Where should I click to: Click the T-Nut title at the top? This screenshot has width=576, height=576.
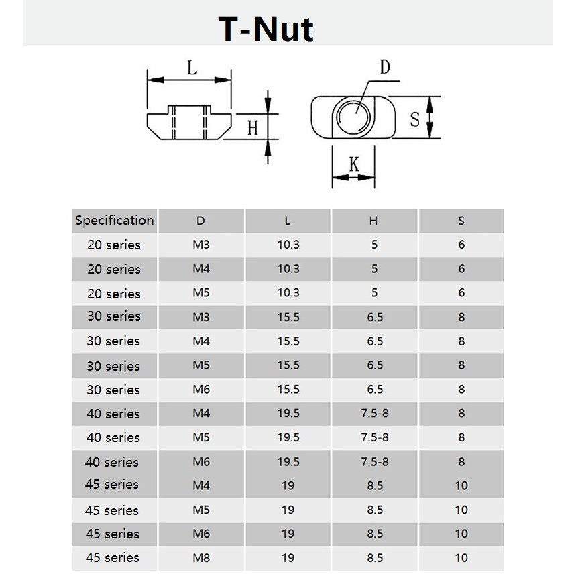click(x=266, y=30)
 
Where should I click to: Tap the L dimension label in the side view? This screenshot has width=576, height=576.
click(x=192, y=68)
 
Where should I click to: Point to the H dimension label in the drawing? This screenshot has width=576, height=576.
click(x=252, y=127)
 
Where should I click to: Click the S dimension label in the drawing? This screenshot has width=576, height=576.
click(x=414, y=119)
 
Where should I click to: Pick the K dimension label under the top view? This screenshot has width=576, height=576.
click(x=353, y=164)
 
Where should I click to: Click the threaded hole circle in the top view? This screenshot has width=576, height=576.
click(x=353, y=118)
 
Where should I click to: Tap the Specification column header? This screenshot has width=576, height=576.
click(x=115, y=221)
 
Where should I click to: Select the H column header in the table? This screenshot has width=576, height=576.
click(x=373, y=221)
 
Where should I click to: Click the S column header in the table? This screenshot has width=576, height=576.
click(x=461, y=221)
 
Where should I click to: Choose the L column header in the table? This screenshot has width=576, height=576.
click(x=288, y=221)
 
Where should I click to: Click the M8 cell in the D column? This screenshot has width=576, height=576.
click(x=201, y=558)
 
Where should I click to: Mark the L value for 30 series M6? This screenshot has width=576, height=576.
click(x=288, y=390)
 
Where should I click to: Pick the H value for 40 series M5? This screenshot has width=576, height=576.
click(x=374, y=438)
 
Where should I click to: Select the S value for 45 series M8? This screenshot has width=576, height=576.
click(x=461, y=558)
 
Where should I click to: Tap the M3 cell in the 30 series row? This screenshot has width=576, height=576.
click(x=201, y=317)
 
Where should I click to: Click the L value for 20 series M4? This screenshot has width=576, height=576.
click(x=288, y=269)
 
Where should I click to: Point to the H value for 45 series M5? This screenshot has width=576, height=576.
click(x=374, y=510)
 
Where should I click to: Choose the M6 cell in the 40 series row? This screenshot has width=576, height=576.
click(x=201, y=462)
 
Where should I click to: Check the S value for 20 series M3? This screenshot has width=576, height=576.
click(x=461, y=245)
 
